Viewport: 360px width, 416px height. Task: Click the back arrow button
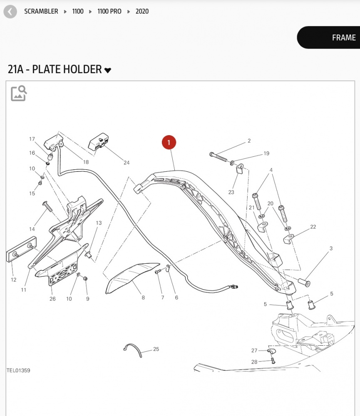[x=10, y=12]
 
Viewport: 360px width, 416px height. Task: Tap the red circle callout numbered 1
[x=169, y=142]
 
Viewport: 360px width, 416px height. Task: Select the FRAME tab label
[x=344, y=38]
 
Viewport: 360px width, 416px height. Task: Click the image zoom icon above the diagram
[x=19, y=93]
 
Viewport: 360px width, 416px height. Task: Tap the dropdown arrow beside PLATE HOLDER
[x=108, y=70]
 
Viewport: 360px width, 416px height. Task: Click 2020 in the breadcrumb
[x=142, y=11]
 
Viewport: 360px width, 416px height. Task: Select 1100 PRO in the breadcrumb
[x=109, y=11]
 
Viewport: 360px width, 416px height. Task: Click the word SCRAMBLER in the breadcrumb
[x=41, y=11]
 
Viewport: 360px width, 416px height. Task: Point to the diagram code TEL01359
[x=18, y=370]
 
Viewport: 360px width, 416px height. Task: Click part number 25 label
[x=156, y=349]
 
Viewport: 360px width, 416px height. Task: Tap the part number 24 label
[x=127, y=163]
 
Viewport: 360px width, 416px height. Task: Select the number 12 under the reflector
[x=14, y=280]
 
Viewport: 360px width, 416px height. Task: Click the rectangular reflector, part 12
[x=22, y=249]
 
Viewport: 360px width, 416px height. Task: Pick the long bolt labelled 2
[x=218, y=157]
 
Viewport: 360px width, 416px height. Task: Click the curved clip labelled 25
[x=133, y=350]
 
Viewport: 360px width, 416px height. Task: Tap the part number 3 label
[x=331, y=248]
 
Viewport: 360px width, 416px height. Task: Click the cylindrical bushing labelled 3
[x=304, y=282]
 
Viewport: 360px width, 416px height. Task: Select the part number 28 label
[x=254, y=362]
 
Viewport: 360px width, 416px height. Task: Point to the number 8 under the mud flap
[x=143, y=298]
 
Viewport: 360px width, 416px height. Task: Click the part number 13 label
[x=99, y=223]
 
